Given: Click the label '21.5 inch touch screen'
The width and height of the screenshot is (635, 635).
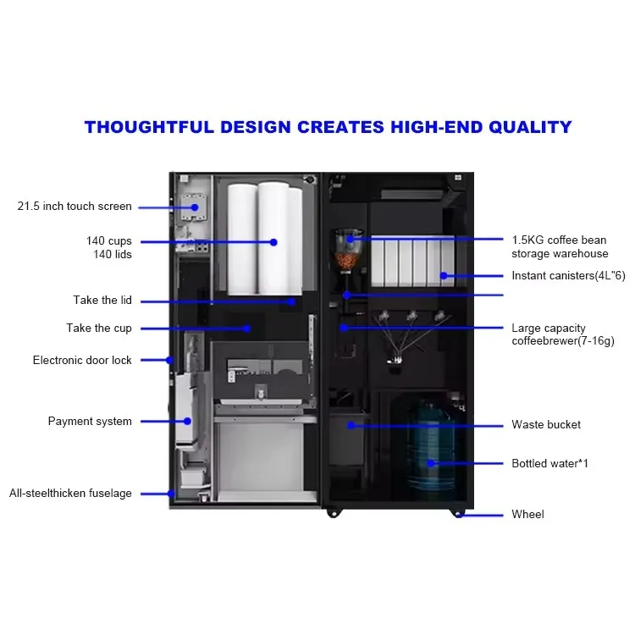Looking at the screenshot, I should [75, 207].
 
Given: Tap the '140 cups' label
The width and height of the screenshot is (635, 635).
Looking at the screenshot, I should [108, 241].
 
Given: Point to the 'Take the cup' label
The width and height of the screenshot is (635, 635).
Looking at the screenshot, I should [99, 329].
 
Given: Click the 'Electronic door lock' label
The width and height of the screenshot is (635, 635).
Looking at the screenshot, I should [82, 361].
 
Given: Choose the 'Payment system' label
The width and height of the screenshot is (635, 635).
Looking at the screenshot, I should [90, 422].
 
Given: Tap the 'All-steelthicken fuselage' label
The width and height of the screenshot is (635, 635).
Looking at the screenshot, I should [70, 494].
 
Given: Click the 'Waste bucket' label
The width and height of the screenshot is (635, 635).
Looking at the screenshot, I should [546, 425].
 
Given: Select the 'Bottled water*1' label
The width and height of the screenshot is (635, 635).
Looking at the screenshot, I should [549, 464].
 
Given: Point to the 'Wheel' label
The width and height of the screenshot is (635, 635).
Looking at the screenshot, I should [527, 515].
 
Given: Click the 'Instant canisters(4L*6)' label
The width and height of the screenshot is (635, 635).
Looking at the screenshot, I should [568, 276].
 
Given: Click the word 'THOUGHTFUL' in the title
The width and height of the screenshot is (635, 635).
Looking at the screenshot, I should [145, 128].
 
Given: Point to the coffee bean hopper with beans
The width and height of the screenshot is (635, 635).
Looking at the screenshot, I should [346, 250].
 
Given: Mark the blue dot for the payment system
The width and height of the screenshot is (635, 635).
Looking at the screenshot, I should [188, 421].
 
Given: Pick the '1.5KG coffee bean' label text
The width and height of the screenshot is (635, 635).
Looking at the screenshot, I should [559, 240].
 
